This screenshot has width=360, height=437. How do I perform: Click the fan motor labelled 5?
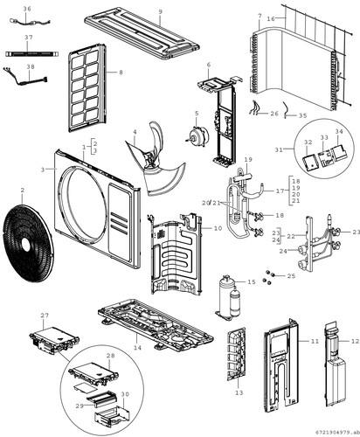(x=198, y=136)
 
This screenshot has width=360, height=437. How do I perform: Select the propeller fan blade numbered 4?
(x=155, y=160)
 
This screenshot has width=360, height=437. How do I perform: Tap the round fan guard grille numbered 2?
(x=28, y=244)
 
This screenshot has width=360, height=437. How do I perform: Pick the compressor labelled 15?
(x=228, y=296)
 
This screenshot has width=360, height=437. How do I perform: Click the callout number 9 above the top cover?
(x=160, y=11)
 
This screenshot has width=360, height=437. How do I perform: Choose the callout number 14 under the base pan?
(x=137, y=348)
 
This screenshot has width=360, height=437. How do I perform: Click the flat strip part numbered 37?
(x=32, y=54)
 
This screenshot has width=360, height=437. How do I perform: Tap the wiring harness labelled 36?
(x=31, y=21)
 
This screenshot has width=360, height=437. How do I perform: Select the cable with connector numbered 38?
(x=24, y=77)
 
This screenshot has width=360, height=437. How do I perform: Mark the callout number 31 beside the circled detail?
(x=279, y=149)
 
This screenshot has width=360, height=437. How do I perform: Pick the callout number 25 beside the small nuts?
(x=291, y=276)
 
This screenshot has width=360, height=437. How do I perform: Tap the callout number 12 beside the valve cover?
(x=355, y=341)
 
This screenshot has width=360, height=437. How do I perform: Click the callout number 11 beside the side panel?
(x=315, y=341)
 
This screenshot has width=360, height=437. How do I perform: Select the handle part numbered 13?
(x=237, y=353)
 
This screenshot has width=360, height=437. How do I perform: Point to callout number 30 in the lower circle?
(x=125, y=394)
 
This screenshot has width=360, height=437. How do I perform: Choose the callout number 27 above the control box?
(x=45, y=316)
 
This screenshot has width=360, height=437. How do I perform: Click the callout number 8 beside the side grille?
(x=121, y=73)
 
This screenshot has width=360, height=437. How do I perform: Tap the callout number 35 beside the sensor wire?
(x=303, y=115)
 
